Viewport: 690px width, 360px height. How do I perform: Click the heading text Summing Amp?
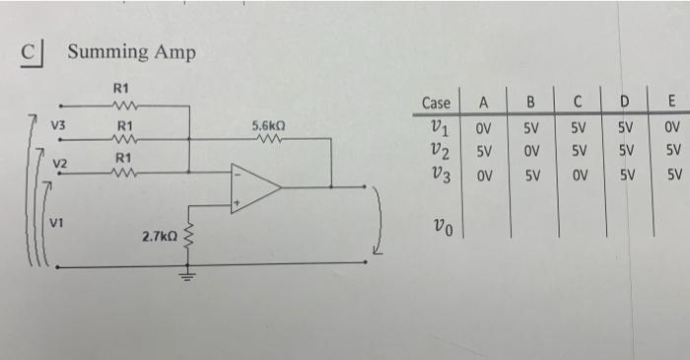tap(131, 51)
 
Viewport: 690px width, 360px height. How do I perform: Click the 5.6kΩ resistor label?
tap(268, 126)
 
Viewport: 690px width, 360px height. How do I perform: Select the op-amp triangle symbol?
tap(254, 185)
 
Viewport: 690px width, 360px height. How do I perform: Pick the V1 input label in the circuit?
tap(58, 222)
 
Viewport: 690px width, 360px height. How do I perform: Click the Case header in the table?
tap(436, 103)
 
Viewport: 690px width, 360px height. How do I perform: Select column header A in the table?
tap(484, 103)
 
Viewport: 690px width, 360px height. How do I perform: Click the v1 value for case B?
tap(530, 128)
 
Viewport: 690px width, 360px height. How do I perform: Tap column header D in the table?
tap(625, 102)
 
